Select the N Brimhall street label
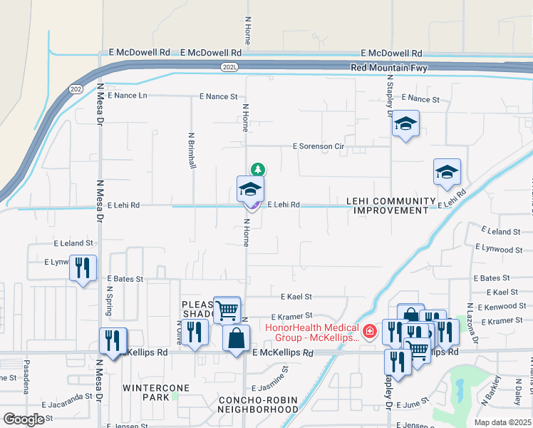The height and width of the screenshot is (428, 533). coord(192,151)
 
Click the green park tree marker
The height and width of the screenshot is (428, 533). coord(257,169)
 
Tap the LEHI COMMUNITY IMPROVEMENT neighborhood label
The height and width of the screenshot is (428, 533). coord(390,206)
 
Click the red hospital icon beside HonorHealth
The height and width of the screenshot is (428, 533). coord(369,331)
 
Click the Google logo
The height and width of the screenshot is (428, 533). coord(24,419)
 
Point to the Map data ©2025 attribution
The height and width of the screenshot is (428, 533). coord(502,422)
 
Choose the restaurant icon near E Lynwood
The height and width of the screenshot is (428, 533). coord(83,268)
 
